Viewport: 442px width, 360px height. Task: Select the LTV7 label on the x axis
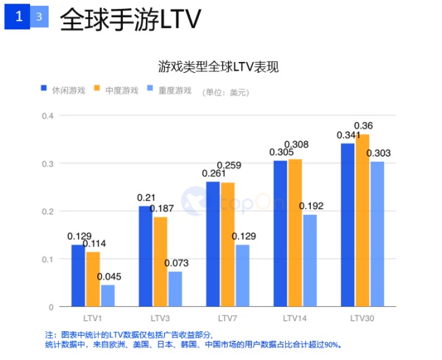tap(228, 318)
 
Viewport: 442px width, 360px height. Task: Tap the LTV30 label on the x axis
tap(362, 318)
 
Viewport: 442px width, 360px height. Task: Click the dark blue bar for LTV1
tap(77, 275)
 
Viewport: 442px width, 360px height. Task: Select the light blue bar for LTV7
tap(242, 275)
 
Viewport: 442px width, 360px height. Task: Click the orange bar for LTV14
tap(295, 233)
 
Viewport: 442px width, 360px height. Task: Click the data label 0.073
tap(178, 263)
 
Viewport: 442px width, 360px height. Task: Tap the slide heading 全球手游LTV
tap(130, 19)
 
